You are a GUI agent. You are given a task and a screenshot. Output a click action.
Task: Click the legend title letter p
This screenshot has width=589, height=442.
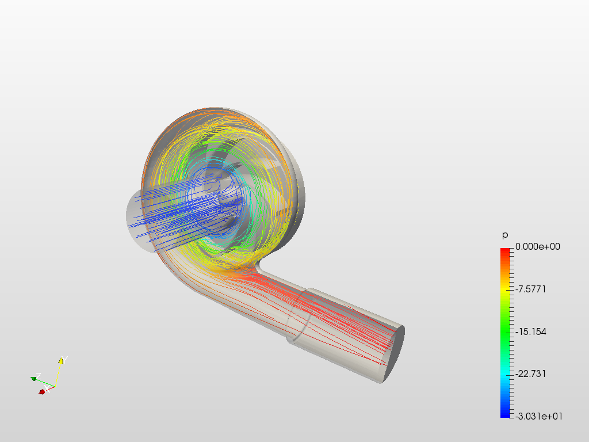point(505,235)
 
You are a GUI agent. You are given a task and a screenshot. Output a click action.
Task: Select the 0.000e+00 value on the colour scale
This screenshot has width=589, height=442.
point(538,246)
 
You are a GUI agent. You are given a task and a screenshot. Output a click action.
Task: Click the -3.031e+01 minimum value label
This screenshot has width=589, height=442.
point(539,416)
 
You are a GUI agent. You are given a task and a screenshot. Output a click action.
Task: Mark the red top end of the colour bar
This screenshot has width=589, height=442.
point(506,251)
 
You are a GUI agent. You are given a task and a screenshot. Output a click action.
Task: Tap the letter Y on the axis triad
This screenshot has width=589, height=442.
point(65,360)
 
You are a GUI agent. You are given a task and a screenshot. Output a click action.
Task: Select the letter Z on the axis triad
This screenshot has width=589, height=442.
point(39,376)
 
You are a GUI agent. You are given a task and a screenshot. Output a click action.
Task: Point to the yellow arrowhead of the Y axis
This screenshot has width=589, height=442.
point(60,361)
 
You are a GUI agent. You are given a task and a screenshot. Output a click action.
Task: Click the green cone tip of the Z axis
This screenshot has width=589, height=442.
point(33,379)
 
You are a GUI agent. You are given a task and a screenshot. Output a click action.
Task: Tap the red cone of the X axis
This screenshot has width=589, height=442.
point(41,391)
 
